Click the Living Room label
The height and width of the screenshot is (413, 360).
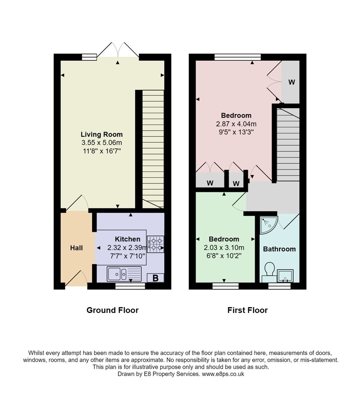(x=101, y=134)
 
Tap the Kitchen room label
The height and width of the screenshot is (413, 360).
(x=127, y=239)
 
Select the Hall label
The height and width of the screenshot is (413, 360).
(x=76, y=248)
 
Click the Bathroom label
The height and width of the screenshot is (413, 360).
(x=279, y=249)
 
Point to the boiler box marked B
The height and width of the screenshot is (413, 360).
(x=155, y=278)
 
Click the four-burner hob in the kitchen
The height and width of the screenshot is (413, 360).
(x=156, y=244)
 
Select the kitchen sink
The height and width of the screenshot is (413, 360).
(x=124, y=274)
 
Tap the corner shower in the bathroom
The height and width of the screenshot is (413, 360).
(x=269, y=225)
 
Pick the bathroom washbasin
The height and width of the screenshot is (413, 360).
(x=285, y=276)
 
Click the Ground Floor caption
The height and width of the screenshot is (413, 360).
(x=113, y=310)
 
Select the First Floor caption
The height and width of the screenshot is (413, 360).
(x=248, y=310)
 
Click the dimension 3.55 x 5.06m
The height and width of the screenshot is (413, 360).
(x=102, y=143)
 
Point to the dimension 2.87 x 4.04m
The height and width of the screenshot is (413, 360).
(x=236, y=124)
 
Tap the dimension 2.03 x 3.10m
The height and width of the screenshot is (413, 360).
(x=224, y=248)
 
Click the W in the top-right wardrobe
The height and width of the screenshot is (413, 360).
(x=292, y=82)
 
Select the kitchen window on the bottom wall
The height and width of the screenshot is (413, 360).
(x=130, y=286)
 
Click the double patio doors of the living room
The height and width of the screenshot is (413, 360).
(x=118, y=50)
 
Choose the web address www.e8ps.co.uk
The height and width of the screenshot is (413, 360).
(x=223, y=374)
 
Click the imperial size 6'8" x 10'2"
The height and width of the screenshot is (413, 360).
(x=224, y=256)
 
